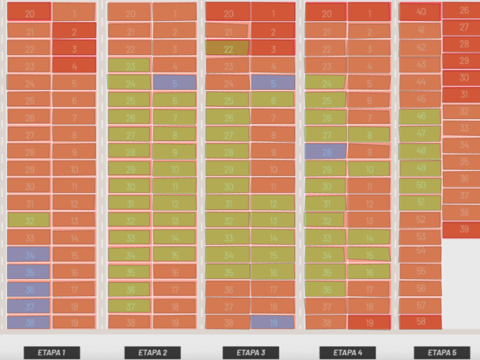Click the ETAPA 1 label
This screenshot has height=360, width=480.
pyautogui.click(x=52, y=353)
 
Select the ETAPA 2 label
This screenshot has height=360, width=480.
pyautogui.click(x=153, y=353)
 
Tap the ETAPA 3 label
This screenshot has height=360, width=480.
pyautogui.click(x=251, y=353)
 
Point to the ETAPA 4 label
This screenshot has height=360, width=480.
pyautogui.click(x=348, y=353)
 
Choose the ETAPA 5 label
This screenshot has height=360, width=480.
pyautogui.click(x=442, y=353)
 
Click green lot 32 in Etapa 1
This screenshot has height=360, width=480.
pyautogui.click(x=29, y=221)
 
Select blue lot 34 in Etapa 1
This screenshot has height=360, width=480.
pyautogui.click(x=29, y=254)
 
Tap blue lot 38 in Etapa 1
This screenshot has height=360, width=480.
pyautogui.click(x=29, y=322)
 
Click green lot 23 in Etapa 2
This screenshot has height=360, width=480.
pyautogui.click(x=130, y=66)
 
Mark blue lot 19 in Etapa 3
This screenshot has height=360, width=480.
pyautogui.click(x=273, y=322)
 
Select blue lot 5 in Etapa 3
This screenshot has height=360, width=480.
pyautogui.click(x=273, y=83)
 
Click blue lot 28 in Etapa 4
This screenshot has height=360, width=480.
pyautogui.click(x=326, y=152)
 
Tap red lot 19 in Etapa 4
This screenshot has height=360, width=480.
pyautogui.click(x=369, y=322)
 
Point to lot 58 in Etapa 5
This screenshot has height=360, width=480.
pyautogui.click(x=421, y=322)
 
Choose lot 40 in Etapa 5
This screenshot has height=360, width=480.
pyautogui.click(x=421, y=11)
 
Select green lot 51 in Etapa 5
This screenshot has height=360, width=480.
pyautogui.click(x=421, y=202)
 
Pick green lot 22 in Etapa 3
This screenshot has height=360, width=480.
pyautogui.click(x=228, y=49)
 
